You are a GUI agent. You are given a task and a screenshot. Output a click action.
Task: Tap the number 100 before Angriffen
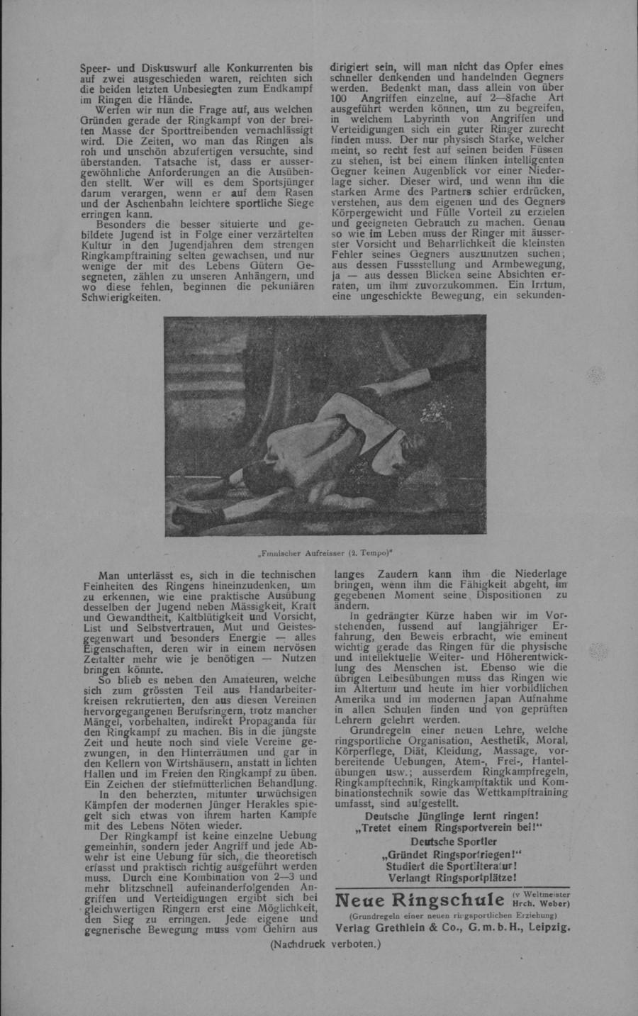tap(344, 98)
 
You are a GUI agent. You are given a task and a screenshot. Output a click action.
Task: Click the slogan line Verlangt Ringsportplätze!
tap(451, 877)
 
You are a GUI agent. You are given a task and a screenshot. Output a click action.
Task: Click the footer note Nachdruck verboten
tap(325, 944)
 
